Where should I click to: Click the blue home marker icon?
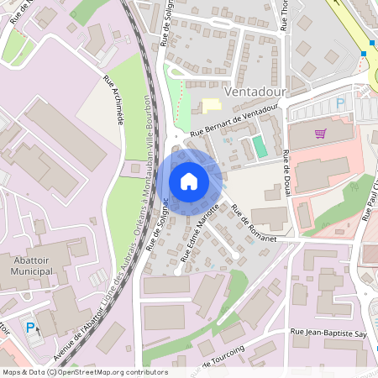pos(189,181)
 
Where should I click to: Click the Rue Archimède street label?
pos(113,101)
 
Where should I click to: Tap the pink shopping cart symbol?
pos(320,134)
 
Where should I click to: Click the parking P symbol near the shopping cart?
pos(340,103)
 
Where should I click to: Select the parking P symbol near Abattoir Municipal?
pos(32,327)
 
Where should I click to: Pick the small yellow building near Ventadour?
pos(209,105)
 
